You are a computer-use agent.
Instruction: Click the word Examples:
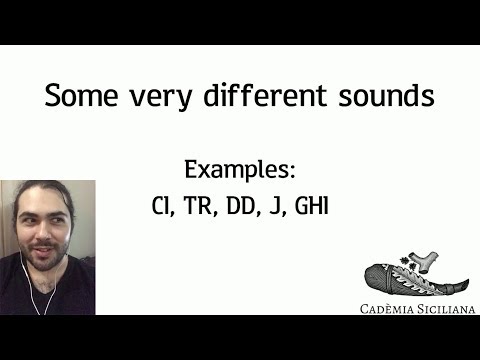tap(241, 168)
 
